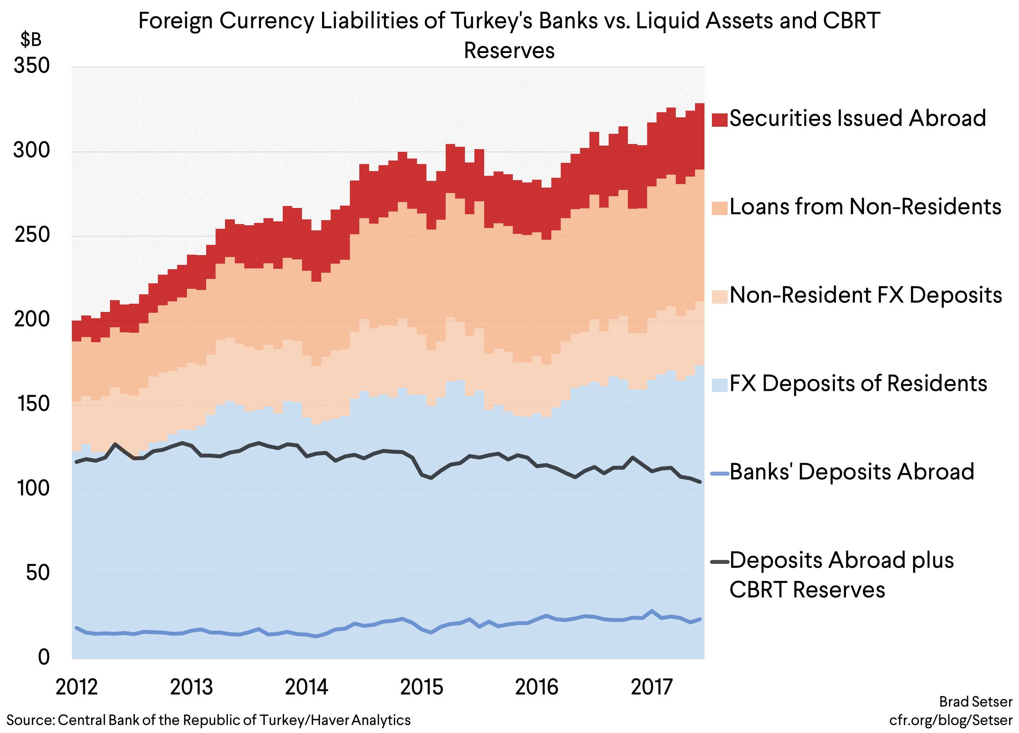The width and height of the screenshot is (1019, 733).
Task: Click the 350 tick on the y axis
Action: [x=31, y=66]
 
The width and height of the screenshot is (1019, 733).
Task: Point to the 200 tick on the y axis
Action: [x=31, y=319]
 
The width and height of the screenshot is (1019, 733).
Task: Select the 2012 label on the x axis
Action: [x=77, y=687]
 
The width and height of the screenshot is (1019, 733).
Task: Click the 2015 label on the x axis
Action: [x=421, y=687]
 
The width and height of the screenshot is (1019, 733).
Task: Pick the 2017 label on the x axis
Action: [x=651, y=687]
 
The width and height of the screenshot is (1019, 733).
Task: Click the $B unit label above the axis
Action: [x=31, y=40]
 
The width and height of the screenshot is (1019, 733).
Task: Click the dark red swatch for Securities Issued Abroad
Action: [x=719, y=119]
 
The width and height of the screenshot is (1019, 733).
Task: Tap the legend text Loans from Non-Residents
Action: [x=865, y=207]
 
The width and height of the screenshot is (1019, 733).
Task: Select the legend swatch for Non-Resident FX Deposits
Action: [x=719, y=296]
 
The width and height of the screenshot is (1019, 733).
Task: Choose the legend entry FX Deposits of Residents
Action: [x=858, y=384]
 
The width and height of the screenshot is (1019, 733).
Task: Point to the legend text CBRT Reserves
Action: [x=807, y=590]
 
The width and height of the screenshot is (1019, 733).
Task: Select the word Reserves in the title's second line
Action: [x=509, y=50]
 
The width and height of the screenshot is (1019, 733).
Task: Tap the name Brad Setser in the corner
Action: [x=975, y=702]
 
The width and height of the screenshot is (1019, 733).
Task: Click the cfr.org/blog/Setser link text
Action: [x=950, y=720]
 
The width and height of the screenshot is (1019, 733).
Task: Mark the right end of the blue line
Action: [x=700, y=619]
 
